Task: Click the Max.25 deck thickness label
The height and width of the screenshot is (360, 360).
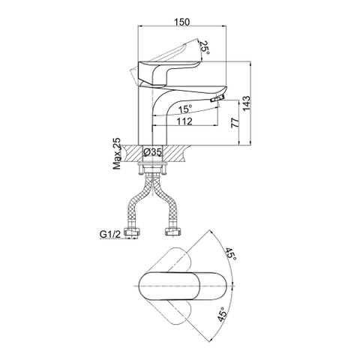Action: point(117,154)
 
